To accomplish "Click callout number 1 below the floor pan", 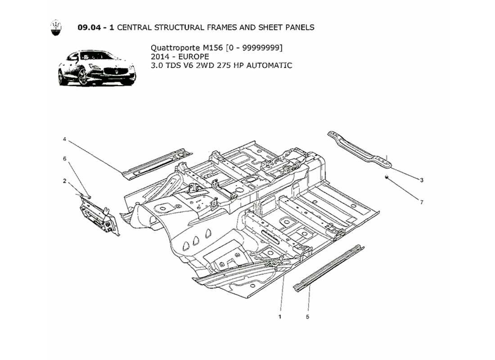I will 280,317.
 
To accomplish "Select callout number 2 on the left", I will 64,181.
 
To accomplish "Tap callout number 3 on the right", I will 422,180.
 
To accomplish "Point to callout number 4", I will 64,139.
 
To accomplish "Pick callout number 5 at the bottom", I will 308,317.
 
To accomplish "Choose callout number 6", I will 64,159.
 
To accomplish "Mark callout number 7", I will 422,202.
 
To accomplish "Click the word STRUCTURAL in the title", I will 180,27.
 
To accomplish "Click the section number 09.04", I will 91,27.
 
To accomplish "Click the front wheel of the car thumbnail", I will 83,76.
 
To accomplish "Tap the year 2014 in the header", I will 160,56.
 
